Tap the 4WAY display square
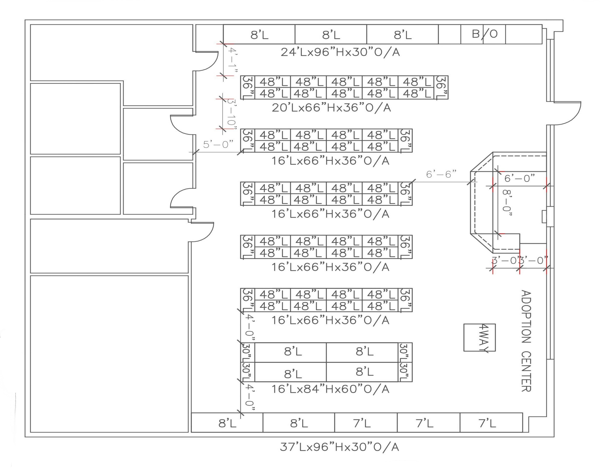[x=480, y=338]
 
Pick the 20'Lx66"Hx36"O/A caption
[x=331, y=108]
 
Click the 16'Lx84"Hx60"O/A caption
[x=330, y=389]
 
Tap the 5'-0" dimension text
[x=218, y=145]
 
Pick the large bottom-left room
[x=109, y=354]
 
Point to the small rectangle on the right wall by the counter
[x=544, y=216]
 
